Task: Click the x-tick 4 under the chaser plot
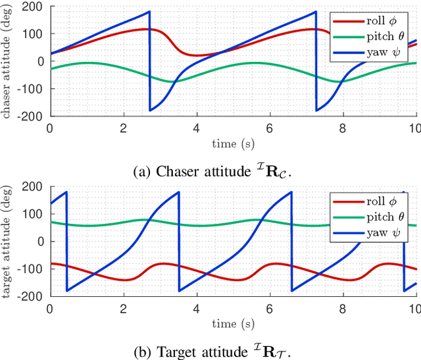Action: [196, 127]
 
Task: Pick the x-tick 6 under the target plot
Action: [270, 307]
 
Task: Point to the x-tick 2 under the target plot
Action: [123, 307]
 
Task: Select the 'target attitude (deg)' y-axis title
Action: [9, 242]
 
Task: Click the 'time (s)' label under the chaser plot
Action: [233, 142]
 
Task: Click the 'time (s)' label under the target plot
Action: [233, 322]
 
